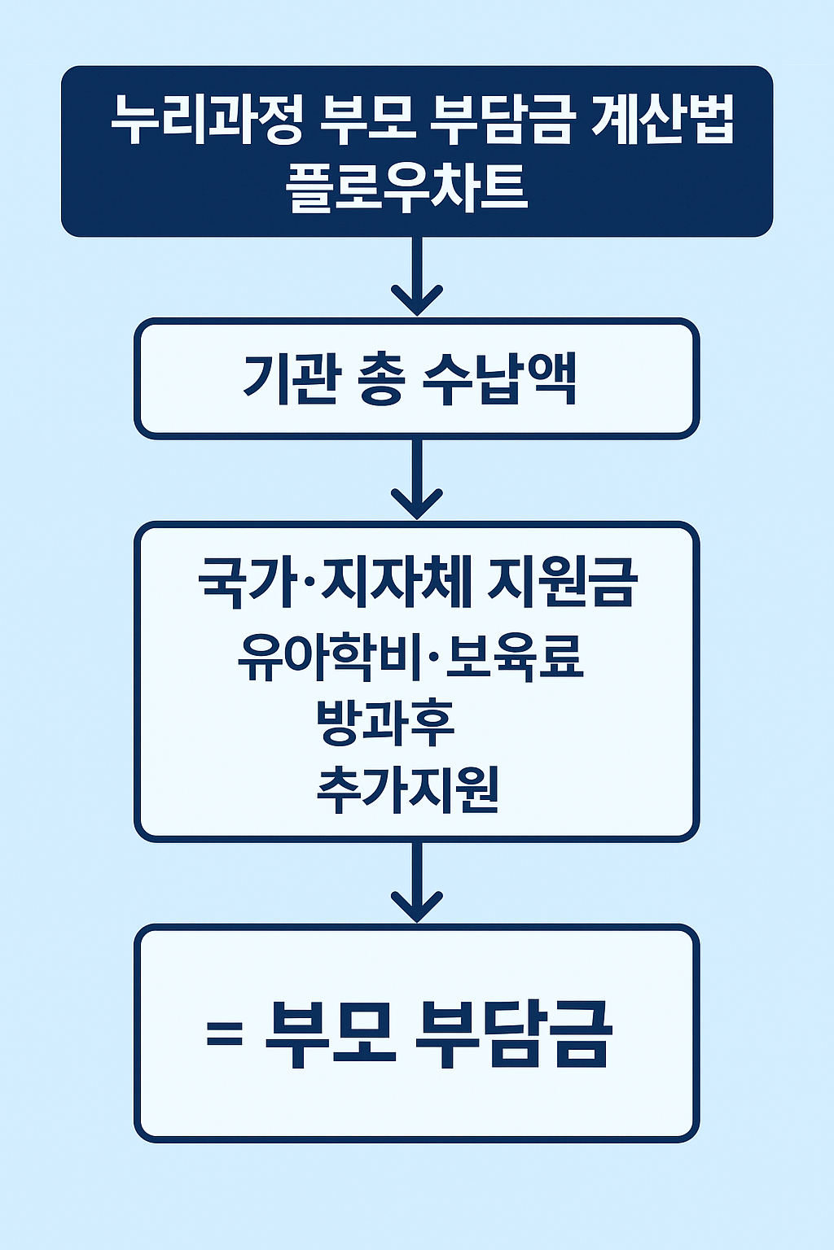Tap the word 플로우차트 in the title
(406, 186)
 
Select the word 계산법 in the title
(662, 120)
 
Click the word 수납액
(500, 379)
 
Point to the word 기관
(289, 379)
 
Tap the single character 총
(380, 379)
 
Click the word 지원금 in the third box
(561, 582)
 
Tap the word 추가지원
(407, 789)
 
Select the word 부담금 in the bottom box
(513, 1034)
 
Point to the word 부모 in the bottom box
(331, 1034)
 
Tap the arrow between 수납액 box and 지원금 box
(417, 480)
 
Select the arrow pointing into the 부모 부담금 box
(417, 884)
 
